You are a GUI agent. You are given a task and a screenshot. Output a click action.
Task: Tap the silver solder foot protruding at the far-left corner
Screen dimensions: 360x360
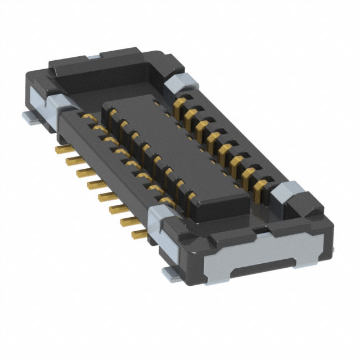[28, 116]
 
